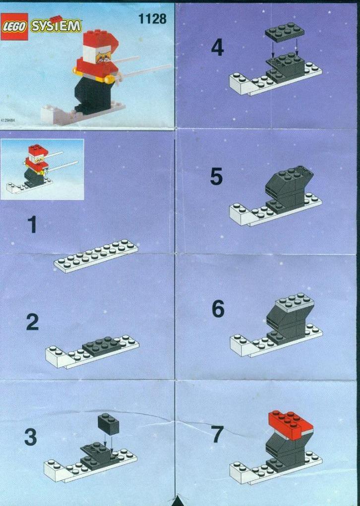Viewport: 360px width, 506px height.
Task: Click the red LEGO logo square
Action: [x=14, y=26]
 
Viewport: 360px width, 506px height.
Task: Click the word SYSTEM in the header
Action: [x=56, y=26]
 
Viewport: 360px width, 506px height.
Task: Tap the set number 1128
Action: [x=152, y=19]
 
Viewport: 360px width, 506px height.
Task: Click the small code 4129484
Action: [x=8, y=120]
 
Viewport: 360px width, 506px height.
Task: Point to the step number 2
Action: [x=32, y=322]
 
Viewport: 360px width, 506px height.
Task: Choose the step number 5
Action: [x=216, y=176]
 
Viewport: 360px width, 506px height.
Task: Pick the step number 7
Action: [x=217, y=434]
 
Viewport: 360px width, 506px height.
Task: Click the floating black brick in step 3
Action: [x=108, y=423]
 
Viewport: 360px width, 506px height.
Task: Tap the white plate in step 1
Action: [x=96, y=256]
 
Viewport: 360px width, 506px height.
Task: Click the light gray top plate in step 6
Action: [x=295, y=303]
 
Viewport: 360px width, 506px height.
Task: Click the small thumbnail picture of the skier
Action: [x=42, y=169]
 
